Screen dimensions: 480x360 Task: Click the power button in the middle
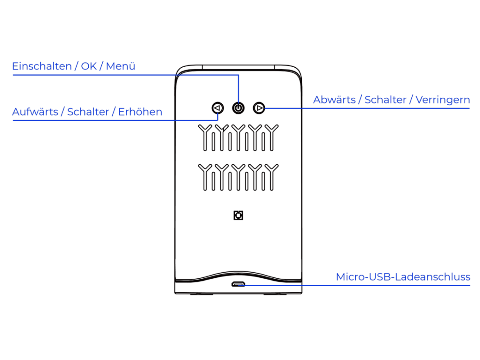[238, 108]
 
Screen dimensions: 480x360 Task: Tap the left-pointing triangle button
[218, 108]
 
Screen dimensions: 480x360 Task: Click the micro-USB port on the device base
[238, 284]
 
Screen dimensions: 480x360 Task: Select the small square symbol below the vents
[238, 215]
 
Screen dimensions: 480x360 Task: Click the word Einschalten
[42, 66]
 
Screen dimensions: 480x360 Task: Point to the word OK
[89, 66]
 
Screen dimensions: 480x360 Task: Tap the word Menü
[121, 66]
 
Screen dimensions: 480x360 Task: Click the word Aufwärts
[35, 112]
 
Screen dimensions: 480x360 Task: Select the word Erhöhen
[140, 112]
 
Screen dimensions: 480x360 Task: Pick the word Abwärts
[334, 100]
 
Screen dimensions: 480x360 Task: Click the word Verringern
[443, 100]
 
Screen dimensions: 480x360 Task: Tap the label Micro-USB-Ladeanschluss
[403, 277]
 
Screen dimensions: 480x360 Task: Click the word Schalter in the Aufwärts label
[88, 112]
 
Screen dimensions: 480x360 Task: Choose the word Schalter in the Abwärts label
[385, 100]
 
